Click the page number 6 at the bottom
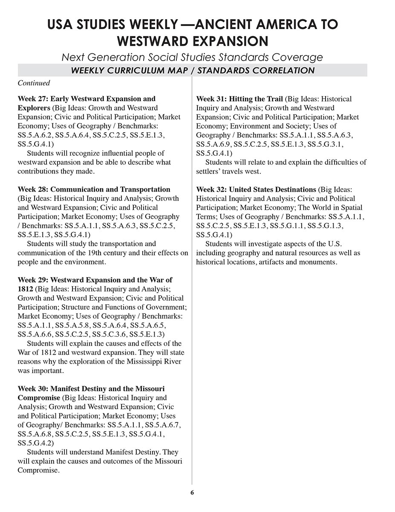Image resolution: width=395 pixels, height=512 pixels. point(192,493)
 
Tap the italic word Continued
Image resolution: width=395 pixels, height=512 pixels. point(34,83)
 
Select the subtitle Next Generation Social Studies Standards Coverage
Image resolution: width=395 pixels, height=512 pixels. point(192,57)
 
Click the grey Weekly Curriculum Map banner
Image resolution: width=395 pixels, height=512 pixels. point(192,70)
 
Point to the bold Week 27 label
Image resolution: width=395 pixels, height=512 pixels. point(33,99)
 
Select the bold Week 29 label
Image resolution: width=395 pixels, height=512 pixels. point(33,280)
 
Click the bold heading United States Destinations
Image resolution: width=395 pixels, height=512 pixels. point(272,189)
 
